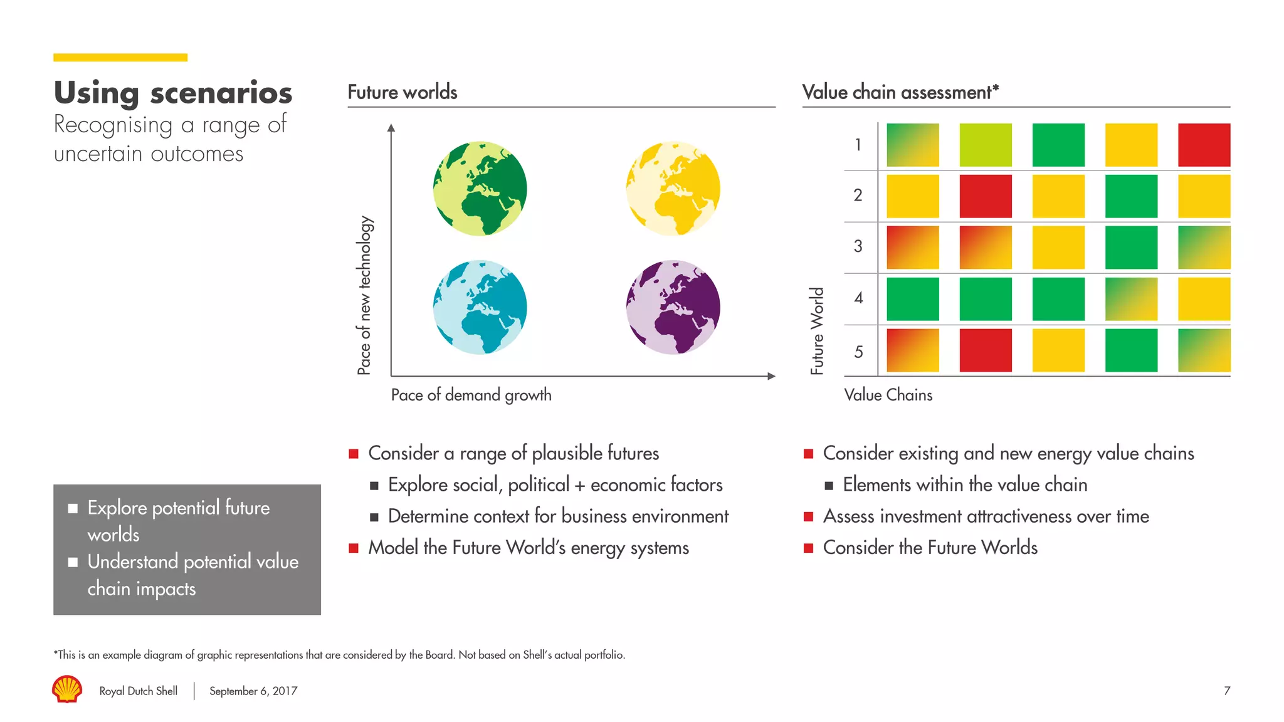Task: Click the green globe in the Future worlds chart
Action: tap(480, 189)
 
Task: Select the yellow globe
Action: tap(673, 189)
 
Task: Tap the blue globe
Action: tap(480, 307)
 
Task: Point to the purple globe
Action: tap(673, 307)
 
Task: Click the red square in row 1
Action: tap(1204, 145)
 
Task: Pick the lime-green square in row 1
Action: tap(986, 145)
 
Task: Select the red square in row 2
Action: tap(986, 196)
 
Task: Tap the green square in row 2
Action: tap(1131, 196)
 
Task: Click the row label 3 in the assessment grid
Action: tap(858, 246)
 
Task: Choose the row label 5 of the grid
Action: tap(858, 352)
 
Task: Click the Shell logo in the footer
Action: tap(67, 689)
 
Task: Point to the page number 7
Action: tap(1226, 691)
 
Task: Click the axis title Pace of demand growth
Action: tap(471, 395)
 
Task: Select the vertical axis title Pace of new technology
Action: tap(364, 295)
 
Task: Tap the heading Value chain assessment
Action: tap(900, 92)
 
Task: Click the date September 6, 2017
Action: tap(253, 691)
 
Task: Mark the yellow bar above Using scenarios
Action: tap(120, 58)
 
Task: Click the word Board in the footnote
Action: tap(439, 655)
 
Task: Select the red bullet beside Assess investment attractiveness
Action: tap(809, 516)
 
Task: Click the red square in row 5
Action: tap(986, 350)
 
